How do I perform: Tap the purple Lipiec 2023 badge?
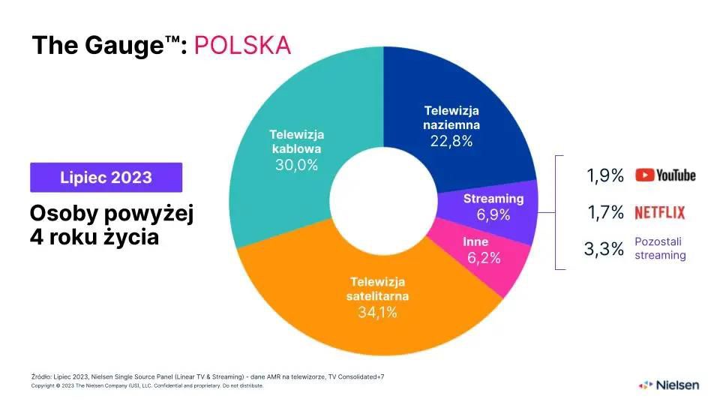tap(106, 178)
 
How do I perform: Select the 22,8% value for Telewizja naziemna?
tap(451, 141)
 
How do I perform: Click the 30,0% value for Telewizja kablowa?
tap(296, 164)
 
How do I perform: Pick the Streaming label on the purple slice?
tap(493, 199)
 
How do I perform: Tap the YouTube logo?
tap(665, 175)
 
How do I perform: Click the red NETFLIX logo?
tap(659, 213)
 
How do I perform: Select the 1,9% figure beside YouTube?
tap(604, 176)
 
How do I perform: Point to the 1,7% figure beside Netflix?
tap(605, 213)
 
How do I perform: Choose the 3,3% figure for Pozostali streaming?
tap(604, 249)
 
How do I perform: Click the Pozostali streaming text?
tap(660, 248)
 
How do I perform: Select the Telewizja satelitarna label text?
tap(377, 289)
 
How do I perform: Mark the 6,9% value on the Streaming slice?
tap(493, 215)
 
